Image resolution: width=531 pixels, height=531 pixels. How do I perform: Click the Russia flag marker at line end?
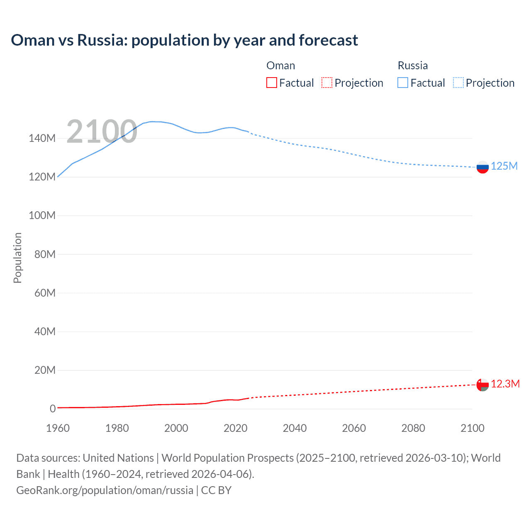coord(482,167)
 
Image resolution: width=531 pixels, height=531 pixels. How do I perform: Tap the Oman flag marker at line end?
coord(482,385)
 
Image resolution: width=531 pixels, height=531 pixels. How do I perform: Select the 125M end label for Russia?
coord(504,166)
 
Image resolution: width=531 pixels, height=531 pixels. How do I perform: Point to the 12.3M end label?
coord(505,384)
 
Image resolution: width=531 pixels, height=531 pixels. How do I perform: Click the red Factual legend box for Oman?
coord(272,83)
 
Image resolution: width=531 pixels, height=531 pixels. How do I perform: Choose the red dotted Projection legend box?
coord(327,83)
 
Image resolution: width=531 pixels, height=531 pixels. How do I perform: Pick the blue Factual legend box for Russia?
coord(403,83)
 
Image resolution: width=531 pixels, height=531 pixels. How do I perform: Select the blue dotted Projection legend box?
coord(458,83)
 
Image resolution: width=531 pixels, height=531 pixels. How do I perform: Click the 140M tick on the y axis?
coord(42,139)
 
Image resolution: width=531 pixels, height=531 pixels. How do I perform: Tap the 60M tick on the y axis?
coord(45,293)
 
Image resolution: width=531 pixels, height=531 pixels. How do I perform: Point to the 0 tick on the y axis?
coord(52,409)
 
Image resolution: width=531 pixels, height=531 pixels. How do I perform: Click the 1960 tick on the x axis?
coord(58,428)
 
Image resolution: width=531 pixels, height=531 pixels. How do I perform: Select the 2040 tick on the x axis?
coord(295,428)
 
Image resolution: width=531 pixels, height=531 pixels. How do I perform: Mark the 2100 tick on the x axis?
coord(472,428)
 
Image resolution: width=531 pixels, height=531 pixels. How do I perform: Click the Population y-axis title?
coord(17,258)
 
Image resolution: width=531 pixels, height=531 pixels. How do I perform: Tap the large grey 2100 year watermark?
coord(102,132)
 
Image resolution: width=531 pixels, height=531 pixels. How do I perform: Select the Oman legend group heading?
coord(281,66)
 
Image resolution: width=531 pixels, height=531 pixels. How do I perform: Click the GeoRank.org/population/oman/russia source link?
coord(105,490)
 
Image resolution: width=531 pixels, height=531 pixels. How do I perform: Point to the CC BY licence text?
coord(216,490)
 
